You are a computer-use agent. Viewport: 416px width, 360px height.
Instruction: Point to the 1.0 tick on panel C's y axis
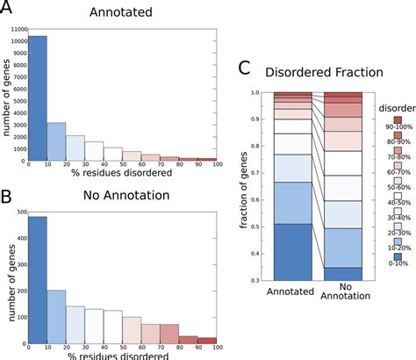(264, 91)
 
